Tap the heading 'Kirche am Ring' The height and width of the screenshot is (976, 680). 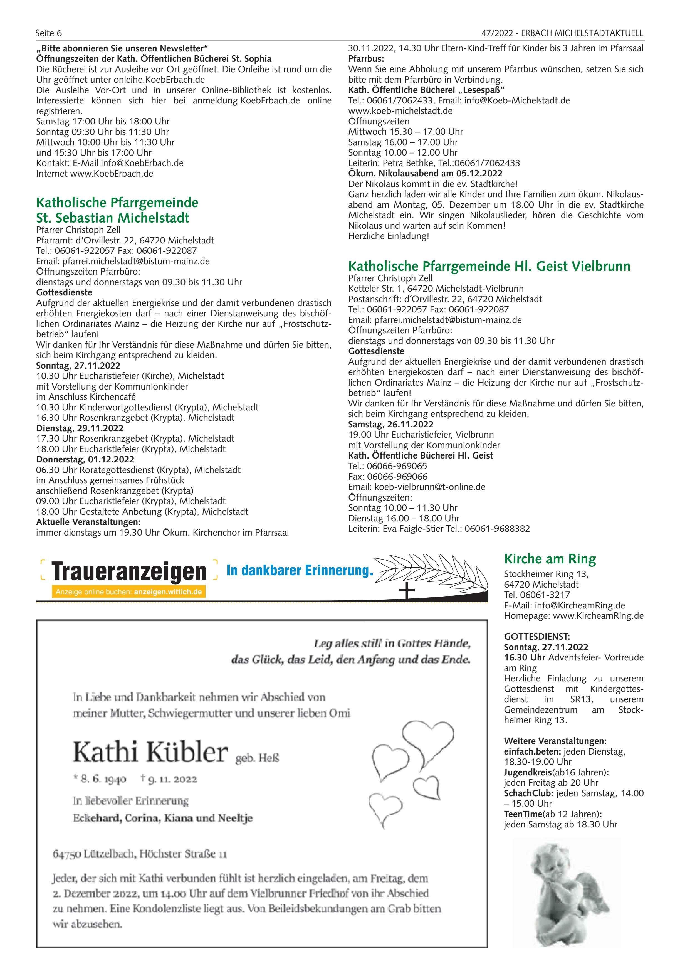point(550,559)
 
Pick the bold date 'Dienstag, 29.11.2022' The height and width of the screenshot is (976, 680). point(80,428)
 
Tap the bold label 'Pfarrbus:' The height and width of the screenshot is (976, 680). point(366,59)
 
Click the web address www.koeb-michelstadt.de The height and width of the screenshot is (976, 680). point(400,110)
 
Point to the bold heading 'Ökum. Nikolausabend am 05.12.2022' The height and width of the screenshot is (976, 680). point(425,173)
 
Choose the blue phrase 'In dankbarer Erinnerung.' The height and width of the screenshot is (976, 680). point(300,570)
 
